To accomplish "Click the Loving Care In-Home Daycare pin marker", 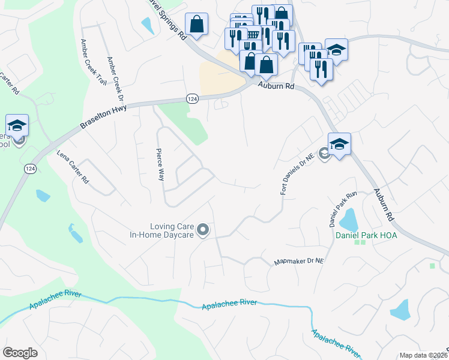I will click(x=203, y=229).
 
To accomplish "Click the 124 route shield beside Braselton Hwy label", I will click(x=191, y=98).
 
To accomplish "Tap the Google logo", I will click(x=20, y=353).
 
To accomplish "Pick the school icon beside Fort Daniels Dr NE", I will click(x=339, y=145).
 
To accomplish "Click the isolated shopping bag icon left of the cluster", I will click(x=196, y=25).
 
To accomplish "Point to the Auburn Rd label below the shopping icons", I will click(x=276, y=86).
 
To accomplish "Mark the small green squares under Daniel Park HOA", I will click(x=360, y=242).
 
